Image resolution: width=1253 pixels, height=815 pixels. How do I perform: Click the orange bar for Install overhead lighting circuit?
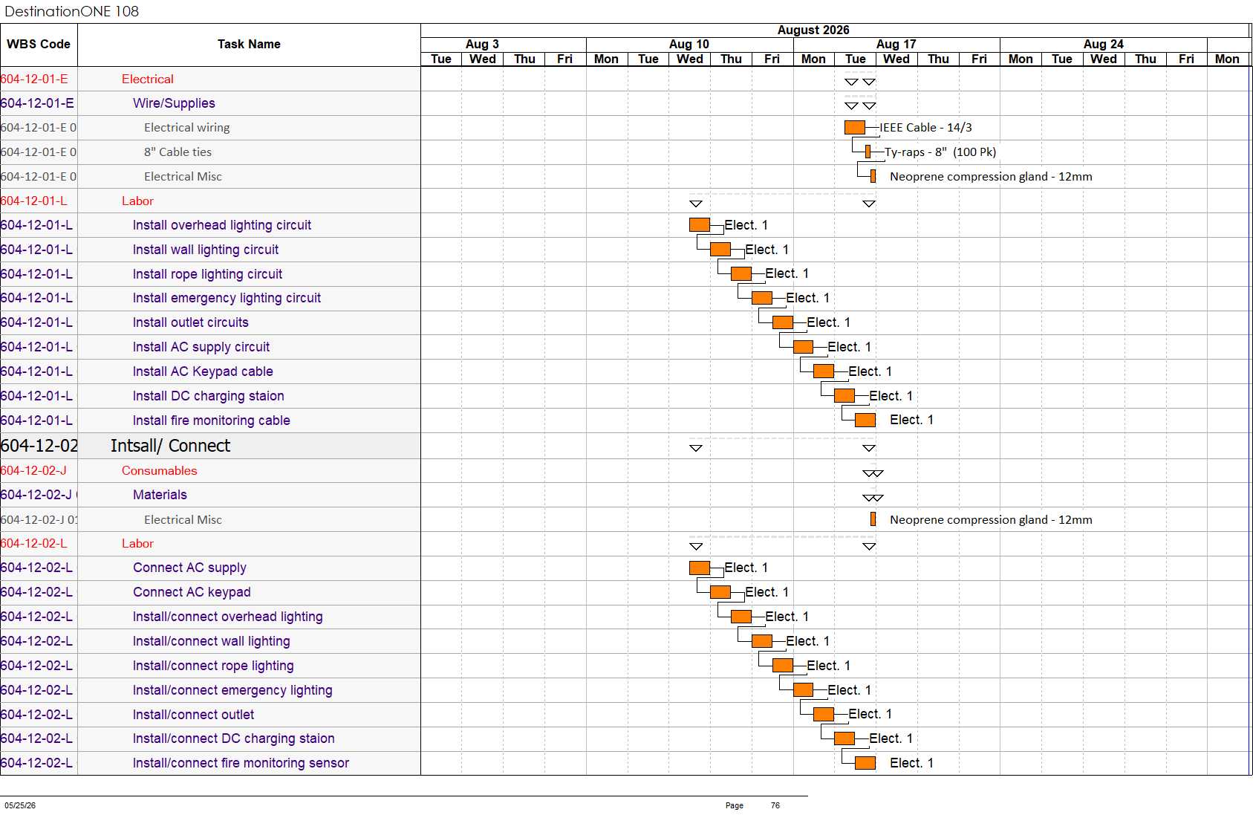pos(699,225)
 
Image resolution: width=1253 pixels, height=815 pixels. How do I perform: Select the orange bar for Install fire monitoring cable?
pos(865,420)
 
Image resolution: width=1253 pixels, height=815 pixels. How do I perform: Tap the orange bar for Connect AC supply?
pos(699,568)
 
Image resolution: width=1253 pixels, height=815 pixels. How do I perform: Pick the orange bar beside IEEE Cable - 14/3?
pos(855,128)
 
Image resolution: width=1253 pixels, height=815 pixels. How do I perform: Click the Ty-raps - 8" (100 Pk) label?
pos(940,152)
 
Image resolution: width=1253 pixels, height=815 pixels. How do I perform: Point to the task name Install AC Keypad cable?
pos(203,371)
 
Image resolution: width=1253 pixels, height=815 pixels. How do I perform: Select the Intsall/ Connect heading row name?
pos(170,446)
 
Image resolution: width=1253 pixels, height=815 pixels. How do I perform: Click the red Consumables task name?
pos(160,470)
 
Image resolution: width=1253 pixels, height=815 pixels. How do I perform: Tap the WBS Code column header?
pos(39,44)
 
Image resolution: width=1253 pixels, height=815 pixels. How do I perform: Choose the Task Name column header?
pos(249,44)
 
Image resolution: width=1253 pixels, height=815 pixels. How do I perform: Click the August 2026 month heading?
pos(813,30)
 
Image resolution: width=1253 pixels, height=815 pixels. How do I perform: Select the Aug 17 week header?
pos(896,44)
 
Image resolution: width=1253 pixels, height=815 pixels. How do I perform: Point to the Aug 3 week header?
pos(481,44)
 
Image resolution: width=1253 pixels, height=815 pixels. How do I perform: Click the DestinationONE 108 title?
pos(71,11)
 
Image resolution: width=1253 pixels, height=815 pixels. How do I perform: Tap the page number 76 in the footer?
pos(775,805)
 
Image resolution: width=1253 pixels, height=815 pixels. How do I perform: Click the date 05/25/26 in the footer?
pos(20,805)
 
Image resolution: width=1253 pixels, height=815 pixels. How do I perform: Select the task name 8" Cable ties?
pos(178,152)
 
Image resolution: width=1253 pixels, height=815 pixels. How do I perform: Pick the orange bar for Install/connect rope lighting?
pos(782,666)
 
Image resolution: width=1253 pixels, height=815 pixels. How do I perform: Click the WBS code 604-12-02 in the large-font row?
pos(39,446)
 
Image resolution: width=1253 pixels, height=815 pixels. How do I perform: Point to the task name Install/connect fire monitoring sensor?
pos(241,763)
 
